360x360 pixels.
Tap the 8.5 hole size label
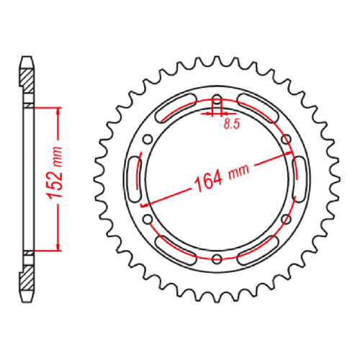(x=232, y=125)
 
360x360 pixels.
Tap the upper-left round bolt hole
(x=149, y=139)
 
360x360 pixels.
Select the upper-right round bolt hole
(x=284, y=139)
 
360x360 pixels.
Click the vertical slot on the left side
(x=133, y=179)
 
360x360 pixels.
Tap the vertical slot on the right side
(x=300, y=179)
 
